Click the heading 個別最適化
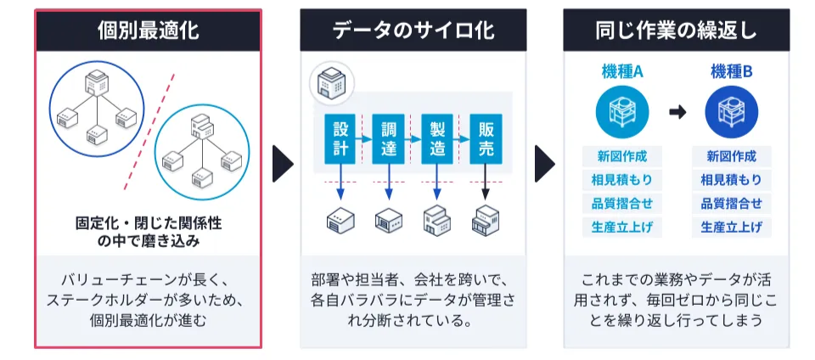[148, 31]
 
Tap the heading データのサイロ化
[413, 31]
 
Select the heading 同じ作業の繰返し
[676, 31]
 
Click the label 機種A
[622, 73]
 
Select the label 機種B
[731, 73]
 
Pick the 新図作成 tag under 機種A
[622, 156]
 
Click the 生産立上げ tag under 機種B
[731, 228]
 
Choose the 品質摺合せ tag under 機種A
[622, 204]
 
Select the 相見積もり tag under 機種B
[731, 180]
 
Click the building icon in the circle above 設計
[329, 82]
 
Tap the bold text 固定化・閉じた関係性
[148, 223]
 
